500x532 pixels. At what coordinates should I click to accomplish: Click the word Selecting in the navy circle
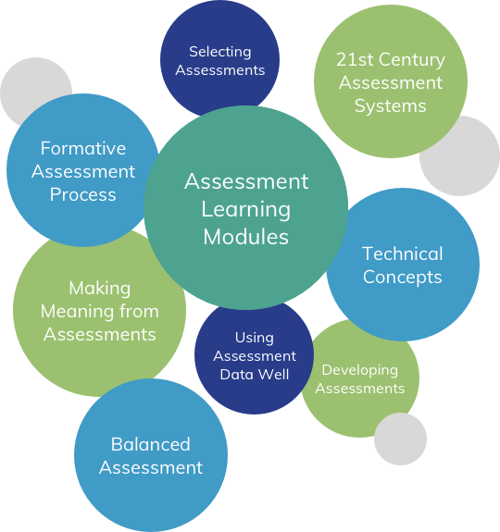[x=220, y=52]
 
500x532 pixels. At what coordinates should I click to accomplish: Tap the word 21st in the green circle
[x=355, y=60]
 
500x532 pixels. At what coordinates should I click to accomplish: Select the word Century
[x=412, y=60]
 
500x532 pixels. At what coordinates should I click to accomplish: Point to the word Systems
[x=391, y=106]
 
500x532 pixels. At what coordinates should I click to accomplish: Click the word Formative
[x=83, y=149]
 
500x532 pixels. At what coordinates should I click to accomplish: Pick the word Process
[x=83, y=194]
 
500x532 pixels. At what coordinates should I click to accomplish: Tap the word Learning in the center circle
[x=246, y=210]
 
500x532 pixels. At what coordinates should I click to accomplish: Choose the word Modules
[x=246, y=237]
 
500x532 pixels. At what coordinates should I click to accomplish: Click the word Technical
[x=403, y=254]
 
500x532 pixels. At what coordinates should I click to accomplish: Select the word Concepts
[x=403, y=278]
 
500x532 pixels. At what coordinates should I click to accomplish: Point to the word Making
[x=100, y=289]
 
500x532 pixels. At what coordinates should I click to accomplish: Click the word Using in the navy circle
[x=255, y=339]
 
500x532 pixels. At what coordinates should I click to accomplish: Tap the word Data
[x=235, y=375]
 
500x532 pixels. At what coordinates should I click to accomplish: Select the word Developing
[x=360, y=370]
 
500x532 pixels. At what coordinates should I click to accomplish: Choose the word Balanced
[x=151, y=444]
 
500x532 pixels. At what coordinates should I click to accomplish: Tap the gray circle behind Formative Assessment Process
[x=27, y=81]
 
